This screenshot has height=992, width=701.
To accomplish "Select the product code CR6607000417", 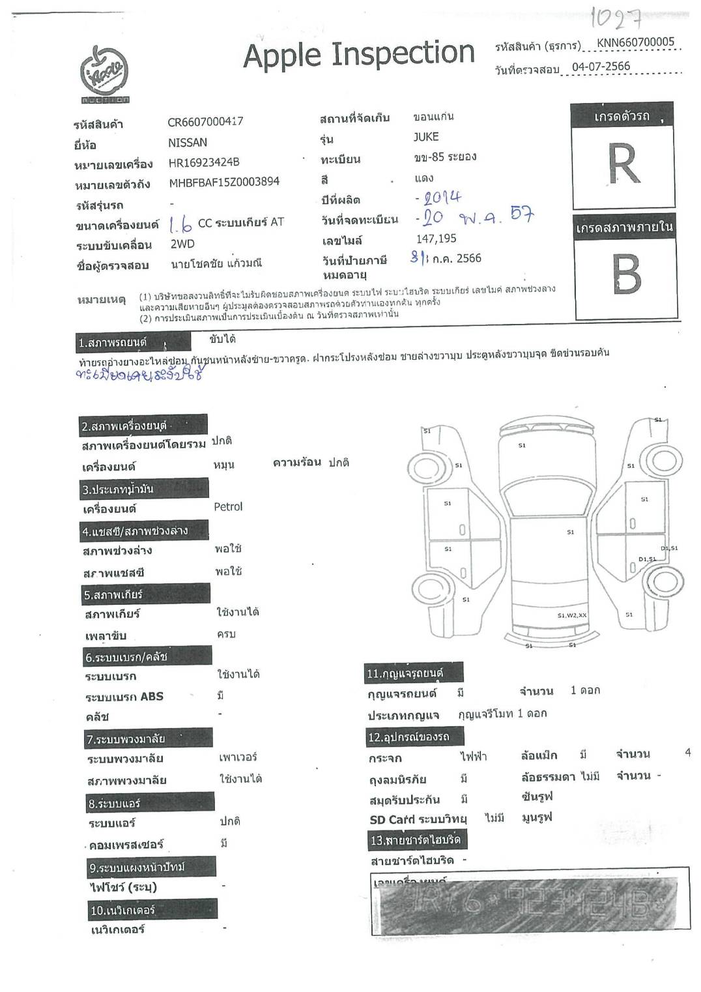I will [205, 121].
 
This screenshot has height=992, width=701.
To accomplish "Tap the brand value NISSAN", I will [188, 142].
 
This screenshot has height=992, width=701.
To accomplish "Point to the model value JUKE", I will [426, 137].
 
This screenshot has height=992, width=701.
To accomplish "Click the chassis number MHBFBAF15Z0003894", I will [224, 182].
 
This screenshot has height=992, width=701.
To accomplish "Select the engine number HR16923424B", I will [204, 162].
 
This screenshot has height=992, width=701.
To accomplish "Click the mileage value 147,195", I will [436, 239].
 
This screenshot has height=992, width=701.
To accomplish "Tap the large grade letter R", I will [622, 164].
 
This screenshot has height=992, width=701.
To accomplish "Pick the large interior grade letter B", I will [626, 275].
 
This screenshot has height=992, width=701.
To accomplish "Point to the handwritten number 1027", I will [616, 20].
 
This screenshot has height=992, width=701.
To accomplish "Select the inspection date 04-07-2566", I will [601, 66].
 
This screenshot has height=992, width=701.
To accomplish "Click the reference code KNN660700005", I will [635, 42].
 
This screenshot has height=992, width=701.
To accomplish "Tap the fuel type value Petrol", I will [228, 506].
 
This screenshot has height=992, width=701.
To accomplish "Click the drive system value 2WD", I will [183, 244].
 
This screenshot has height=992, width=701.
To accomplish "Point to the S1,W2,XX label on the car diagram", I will [571, 615].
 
